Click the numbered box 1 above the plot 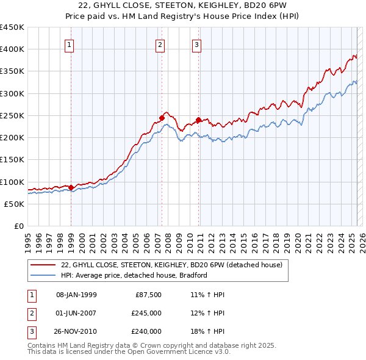click(70, 45)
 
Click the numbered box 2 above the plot click(160, 45)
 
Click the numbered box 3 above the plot click(197, 45)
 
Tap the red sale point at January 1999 click(71, 187)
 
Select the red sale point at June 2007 click(162, 118)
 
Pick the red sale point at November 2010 click(199, 120)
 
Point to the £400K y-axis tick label click(12, 49)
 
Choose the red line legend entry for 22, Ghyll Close click(171, 265)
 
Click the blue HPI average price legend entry click(134, 275)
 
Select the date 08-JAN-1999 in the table click(76, 295)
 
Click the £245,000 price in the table click(146, 313)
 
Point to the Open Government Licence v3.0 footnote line click(129, 352)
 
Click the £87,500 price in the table click(148, 295)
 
